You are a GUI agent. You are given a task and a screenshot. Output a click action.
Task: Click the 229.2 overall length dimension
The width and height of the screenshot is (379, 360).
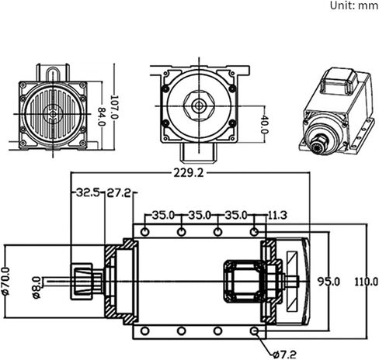pyautogui.click(x=189, y=173)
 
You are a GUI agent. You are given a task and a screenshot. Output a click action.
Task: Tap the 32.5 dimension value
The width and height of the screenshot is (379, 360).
pyautogui.click(x=88, y=192)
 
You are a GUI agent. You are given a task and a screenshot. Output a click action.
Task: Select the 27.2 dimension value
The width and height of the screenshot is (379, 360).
pyautogui.click(x=119, y=192)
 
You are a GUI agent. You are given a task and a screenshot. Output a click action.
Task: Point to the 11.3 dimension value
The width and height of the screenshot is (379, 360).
pyautogui.click(x=277, y=215)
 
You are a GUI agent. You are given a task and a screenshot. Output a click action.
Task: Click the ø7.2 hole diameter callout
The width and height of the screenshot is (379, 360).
pyautogui.click(x=284, y=354)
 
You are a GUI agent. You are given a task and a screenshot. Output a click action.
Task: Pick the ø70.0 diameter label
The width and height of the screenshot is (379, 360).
pyautogui.click(x=5, y=281)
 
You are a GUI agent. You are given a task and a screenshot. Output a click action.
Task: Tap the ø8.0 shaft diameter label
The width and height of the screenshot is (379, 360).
pyautogui.click(x=37, y=287)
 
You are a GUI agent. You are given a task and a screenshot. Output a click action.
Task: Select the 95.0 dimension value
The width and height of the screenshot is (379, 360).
pyautogui.click(x=329, y=282)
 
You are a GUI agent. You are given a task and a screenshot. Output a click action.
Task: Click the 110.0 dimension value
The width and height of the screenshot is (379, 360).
pyautogui.click(x=366, y=282)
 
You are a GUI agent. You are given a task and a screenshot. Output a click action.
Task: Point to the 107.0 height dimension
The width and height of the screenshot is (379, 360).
pyautogui.click(x=114, y=107)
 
